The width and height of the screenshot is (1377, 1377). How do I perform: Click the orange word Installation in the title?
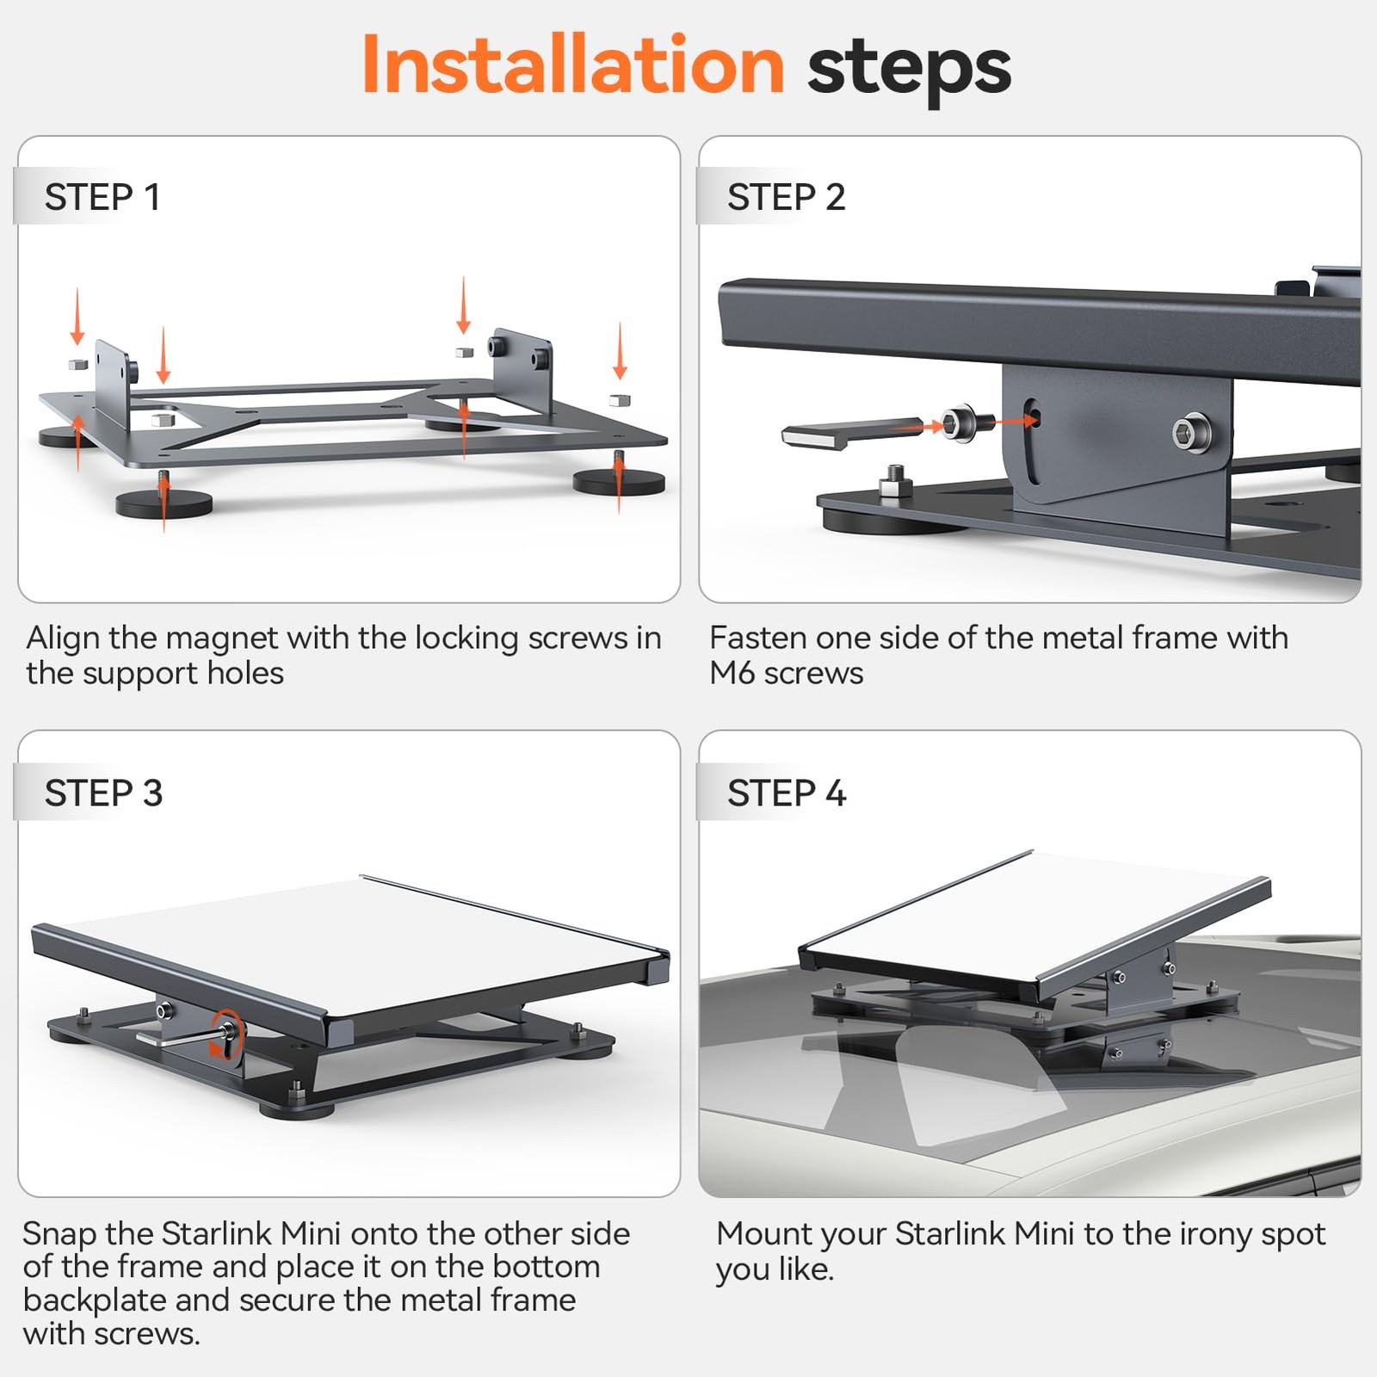pyautogui.click(x=572, y=65)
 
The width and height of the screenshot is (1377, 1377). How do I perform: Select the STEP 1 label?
pyautogui.click(x=102, y=197)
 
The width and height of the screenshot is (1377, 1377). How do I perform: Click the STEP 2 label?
pyautogui.click(x=786, y=197)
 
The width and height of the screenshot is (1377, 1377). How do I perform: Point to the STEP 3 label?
pyautogui.click(x=103, y=793)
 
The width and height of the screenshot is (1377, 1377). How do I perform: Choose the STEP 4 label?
pyautogui.click(x=787, y=793)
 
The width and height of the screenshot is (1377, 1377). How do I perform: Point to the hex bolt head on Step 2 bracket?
pyautogui.click(x=1191, y=433)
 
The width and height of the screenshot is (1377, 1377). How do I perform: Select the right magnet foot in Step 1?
pyautogui.click(x=619, y=482)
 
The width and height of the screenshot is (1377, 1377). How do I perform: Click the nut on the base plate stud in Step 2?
pyautogui.click(x=895, y=488)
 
